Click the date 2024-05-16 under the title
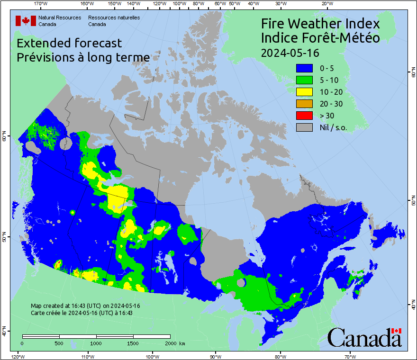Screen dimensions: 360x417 pyautogui.click(x=290, y=52)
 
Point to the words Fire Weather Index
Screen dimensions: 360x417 pyautogui.click(x=320, y=24)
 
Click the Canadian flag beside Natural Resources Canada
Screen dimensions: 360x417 pyautogui.click(x=26, y=21)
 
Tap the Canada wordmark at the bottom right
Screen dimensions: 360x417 pyautogui.click(x=364, y=338)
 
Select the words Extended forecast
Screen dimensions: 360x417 pyautogui.click(x=69, y=43)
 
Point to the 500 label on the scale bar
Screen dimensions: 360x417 pyautogui.click(x=59, y=343)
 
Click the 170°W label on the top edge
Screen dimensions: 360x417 pyautogui.click(x=41, y=4)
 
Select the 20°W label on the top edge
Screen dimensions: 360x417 pyautogui.click(x=326, y=4)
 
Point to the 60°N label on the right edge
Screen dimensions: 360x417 pyautogui.click(x=412, y=72)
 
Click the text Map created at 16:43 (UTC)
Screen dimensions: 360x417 pyautogui.click(x=85, y=306)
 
